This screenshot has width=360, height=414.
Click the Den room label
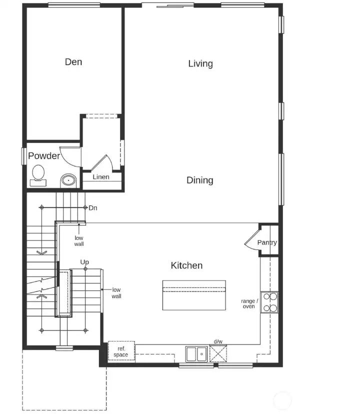(73, 62)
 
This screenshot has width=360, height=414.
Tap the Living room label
(200, 63)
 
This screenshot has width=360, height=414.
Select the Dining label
(200, 180)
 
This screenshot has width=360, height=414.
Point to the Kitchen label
(186, 265)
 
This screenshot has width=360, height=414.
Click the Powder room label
(44, 156)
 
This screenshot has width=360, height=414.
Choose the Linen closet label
(101, 177)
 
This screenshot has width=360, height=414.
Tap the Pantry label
(267, 243)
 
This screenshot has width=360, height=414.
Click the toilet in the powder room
(38, 174)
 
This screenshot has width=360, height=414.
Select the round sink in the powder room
(68, 180)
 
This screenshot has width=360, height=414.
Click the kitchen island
(194, 295)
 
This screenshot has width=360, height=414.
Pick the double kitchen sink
(196, 353)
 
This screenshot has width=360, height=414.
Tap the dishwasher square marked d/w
(218, 353)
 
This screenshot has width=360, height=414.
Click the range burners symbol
(269, 302)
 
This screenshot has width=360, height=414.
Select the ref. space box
(121, 351)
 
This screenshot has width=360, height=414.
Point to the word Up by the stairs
(84, 262)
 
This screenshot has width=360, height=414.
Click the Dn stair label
(93, 207)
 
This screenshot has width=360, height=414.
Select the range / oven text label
(249, 303)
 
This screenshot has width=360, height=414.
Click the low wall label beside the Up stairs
(116, 293)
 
